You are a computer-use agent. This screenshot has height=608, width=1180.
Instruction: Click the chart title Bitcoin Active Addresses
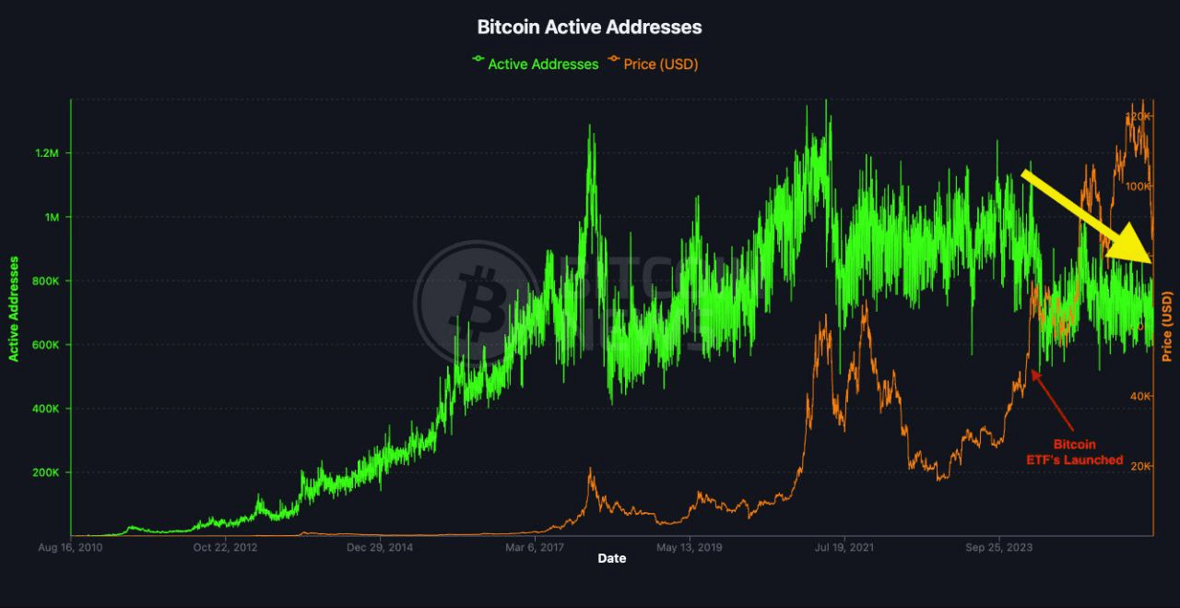[589, 27]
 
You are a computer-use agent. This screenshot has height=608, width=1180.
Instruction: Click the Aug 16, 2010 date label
[70, 547]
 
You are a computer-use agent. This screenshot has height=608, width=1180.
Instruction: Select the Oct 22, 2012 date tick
[225, 547]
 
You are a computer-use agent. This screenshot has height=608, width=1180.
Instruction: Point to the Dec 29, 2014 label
[380, 547]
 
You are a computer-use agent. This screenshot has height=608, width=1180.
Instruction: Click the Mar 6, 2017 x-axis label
[534, 547]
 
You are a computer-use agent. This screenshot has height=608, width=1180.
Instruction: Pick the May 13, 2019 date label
[689, 547]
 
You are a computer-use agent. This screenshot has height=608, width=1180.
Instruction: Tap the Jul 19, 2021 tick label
[844, 547]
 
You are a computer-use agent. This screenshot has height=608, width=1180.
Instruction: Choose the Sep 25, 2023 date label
[998, 547]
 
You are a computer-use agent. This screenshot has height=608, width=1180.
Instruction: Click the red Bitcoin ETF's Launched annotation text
[1075, 452]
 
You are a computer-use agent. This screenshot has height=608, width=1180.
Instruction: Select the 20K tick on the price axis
[1140, 467]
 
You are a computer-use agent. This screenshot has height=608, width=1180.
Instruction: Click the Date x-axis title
[611, 558]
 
